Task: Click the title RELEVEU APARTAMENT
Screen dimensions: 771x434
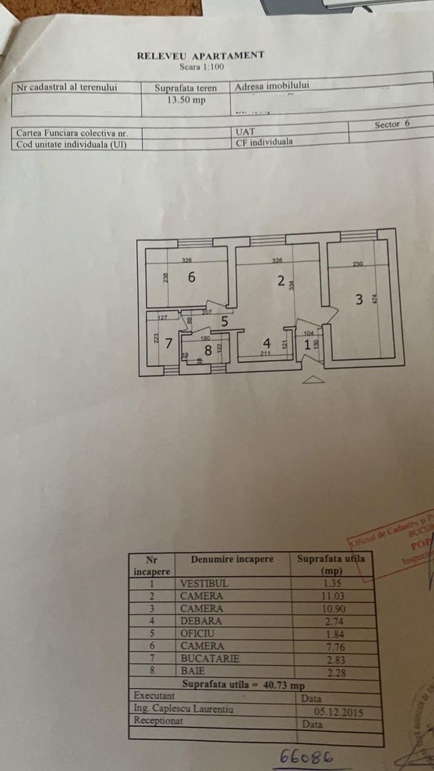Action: (201, 55)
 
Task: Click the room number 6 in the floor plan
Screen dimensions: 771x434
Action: (191, 278)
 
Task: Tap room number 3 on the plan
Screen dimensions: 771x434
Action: (359, 299)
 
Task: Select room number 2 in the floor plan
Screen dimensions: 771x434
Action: (281, 281)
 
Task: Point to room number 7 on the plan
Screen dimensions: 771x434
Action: (169, 343)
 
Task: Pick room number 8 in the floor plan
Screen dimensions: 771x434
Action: (208, 350)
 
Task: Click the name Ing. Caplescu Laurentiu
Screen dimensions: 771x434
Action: (183, 710)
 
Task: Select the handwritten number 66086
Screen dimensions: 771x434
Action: (304, 756)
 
